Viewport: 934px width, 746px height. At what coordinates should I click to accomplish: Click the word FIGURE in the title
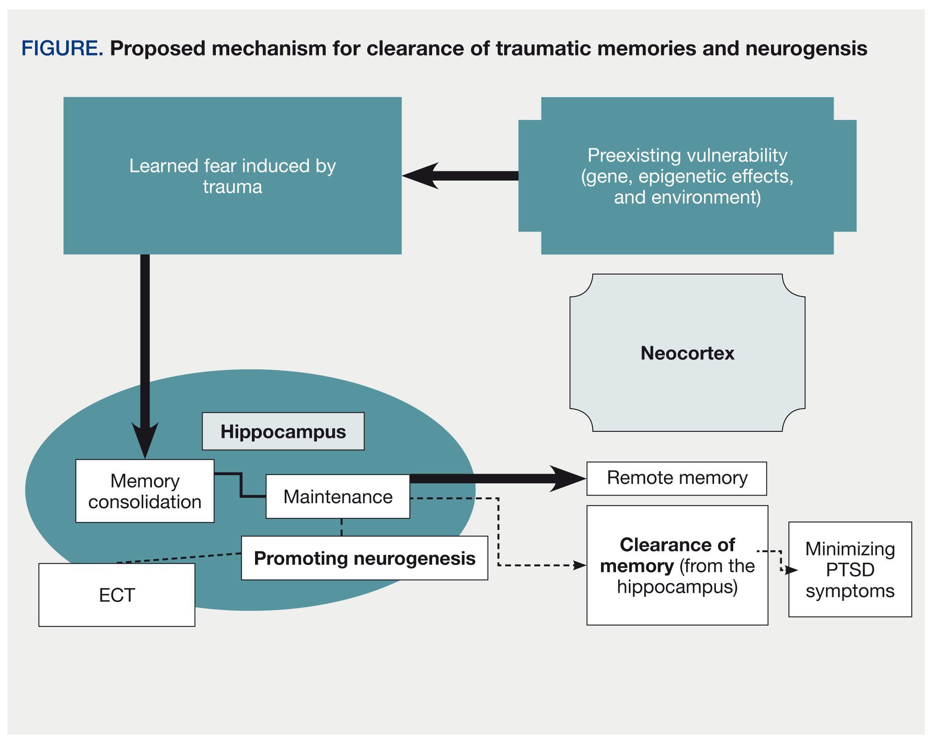(x=62, y=48)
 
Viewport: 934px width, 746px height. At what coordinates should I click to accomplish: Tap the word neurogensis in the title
(x=806, y=48)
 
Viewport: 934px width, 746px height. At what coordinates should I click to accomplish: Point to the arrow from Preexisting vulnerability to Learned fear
(x=461, y=176)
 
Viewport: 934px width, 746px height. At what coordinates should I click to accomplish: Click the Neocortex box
(x=687, y=353)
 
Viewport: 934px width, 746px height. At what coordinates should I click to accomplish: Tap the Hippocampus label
(x=283, y=431)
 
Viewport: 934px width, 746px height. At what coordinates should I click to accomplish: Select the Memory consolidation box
(x=145, y=491)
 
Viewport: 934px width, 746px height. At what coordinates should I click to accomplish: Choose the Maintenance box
(x=338, y=497)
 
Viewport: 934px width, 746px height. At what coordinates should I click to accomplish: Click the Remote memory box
(x=677, y=478)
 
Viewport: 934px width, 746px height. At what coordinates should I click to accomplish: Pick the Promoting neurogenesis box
(x=364, y=558)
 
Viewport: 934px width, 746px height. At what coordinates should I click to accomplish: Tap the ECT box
(x=117, y=595)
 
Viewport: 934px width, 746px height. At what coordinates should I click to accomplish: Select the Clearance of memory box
(x=677, y=565)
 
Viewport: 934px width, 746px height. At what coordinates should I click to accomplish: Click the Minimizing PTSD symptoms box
(x=850, y=570)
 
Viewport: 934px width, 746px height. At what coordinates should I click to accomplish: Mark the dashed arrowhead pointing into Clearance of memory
(x=579, y=565)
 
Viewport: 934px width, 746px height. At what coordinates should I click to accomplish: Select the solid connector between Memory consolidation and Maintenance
(x=240, y=486)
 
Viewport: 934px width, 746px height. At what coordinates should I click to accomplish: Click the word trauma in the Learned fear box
(x=232, y=187)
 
